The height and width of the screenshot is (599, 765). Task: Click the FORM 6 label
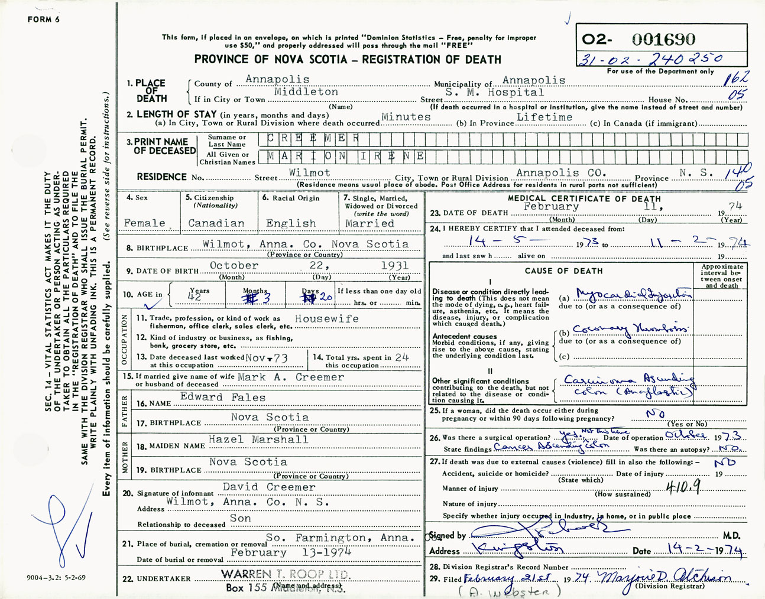click(x=44, y=19)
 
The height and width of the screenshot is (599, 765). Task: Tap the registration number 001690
click(x=663, y=40)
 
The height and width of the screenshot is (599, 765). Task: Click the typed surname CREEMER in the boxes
click(x=313, y=139)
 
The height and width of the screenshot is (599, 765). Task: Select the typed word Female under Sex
click(x=145, y=223)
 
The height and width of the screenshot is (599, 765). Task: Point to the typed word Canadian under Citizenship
click(x=216, y=223)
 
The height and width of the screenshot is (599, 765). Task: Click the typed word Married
click(x=369, y=223)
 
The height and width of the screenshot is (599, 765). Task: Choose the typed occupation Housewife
click(x=326, y=318)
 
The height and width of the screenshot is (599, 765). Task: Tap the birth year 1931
click(x=394, y=266)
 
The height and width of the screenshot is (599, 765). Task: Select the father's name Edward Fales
click(x=223, y=398)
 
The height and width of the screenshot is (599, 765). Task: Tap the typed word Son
click(x=240, y=518)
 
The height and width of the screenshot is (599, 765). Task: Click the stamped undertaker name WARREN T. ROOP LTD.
click(x=285, y=574)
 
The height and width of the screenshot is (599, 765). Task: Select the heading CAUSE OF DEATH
click(x=563, y=271)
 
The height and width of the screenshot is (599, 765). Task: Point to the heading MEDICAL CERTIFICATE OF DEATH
click(x=584, y=199)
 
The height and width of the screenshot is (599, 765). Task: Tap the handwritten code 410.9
click(x=683, y=486)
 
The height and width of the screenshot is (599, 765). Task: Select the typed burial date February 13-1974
click(x=290, y=553)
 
